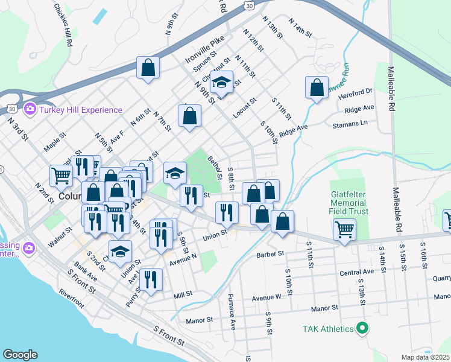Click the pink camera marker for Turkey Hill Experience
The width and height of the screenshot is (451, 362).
point(29,110)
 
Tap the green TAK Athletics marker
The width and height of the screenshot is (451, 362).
point(362,329)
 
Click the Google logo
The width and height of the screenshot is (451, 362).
point(20,355)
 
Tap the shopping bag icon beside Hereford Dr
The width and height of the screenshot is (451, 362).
point(317,87)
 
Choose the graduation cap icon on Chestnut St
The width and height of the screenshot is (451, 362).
point(221,83)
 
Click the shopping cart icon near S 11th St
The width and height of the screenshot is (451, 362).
point(344,229)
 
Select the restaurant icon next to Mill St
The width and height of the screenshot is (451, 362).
point(151,279)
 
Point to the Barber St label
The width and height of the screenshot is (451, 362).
point(270,255)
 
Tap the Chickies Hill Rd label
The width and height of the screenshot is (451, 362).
point(63,25)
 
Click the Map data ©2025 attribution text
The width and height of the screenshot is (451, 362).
point(426,357)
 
